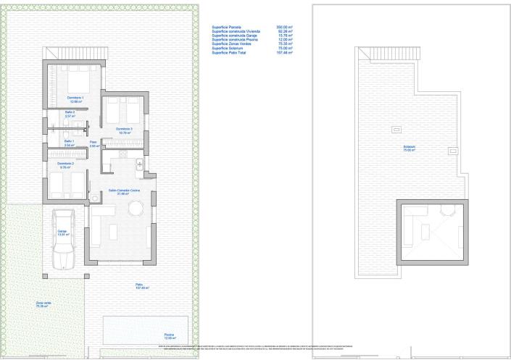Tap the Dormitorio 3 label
point(124,130)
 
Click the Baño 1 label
point(69,143)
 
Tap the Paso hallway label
point(94,143)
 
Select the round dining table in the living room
point(136,209)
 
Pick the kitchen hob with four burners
point(140,166)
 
